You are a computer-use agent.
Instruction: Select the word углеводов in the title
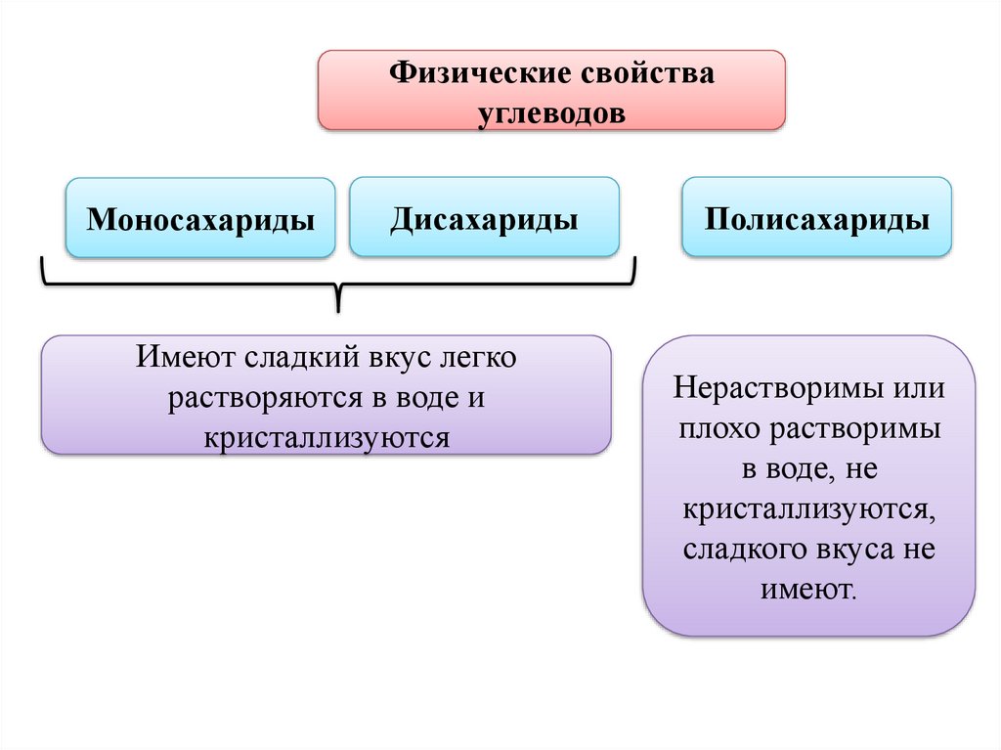click(x=551, y=112)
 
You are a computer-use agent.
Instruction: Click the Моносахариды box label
click(x=200, y=218)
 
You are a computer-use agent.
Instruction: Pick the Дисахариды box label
click(x=484, y=217)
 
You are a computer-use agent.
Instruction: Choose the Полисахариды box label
click(x=816, y=217)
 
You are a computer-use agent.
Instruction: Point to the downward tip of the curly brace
click(x=338, y=309)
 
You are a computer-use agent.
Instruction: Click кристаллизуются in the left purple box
click(x=326, y=437)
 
